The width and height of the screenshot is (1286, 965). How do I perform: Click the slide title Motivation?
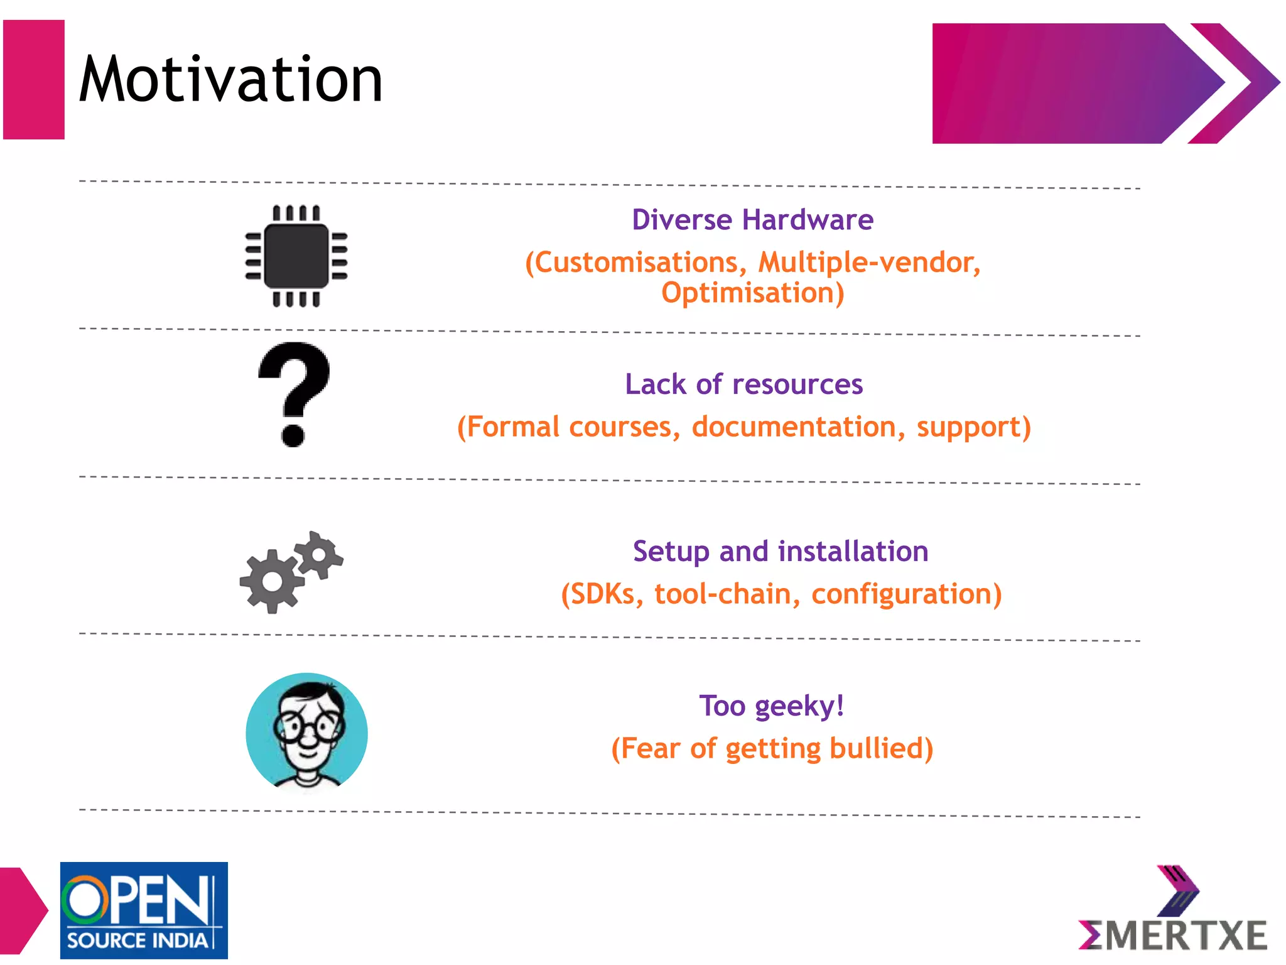click(x=230, y=79)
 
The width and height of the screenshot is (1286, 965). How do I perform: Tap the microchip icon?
click(x=296, y=256)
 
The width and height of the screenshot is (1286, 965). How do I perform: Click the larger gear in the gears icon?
click(x=272, y=581)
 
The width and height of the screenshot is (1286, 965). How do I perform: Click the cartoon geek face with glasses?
click(x=307, y=731)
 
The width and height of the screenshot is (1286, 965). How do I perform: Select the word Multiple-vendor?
click(x=869, y=263)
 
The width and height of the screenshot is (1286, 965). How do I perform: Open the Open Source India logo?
click(x=144, y=910)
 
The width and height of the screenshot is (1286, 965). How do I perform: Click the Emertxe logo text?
click(x=1173, y=935)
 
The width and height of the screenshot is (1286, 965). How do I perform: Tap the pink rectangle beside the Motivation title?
click(x=34, y=80)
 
